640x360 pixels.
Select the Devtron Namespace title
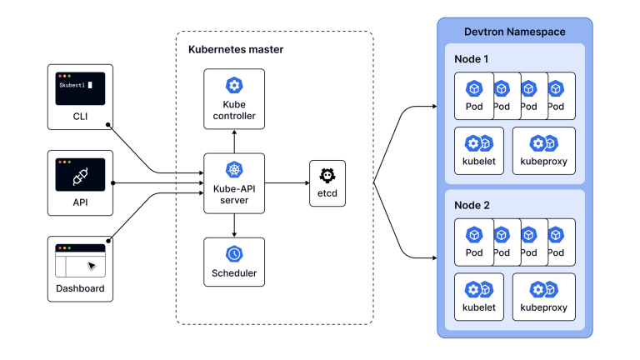(x=514, y=32)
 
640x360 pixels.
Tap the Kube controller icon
(x=234, y=85)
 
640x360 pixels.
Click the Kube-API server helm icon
(x=234, y=170)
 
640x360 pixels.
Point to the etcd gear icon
(x=327, y=176)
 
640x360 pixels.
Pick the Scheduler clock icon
(x=234, y=253)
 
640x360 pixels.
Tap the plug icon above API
(x=80, y=176)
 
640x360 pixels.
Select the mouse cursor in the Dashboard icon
(x=92, y=266)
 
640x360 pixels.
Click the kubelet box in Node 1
(x=479, y=150)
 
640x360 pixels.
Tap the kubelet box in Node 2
(x=479, y=297)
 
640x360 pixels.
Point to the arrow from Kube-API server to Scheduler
(x=234, y=225)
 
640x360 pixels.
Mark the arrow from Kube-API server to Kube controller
(x=234, y=140)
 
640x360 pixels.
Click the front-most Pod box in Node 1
(x=473, y=96)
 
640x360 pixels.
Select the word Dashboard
(x=80, y=289)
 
